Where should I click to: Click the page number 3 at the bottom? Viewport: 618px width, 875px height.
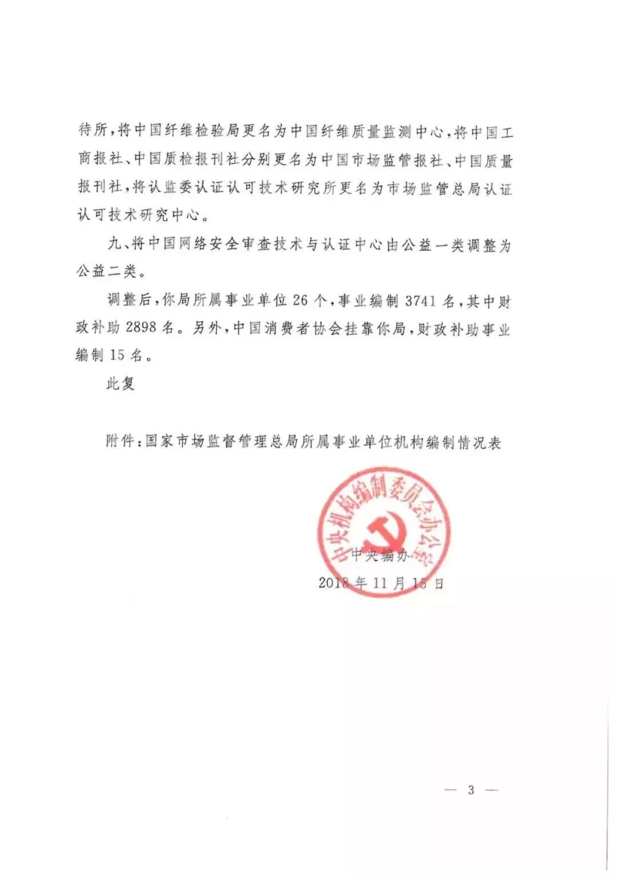click(x=471, y=790)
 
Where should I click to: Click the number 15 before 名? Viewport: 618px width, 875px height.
click(x=117, y=355)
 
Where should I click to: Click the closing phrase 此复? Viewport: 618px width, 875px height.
click(x=120, y=383)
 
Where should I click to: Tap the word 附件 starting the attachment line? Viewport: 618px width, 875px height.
click(x=120, y=442)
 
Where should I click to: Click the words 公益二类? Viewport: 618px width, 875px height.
click(x=106, y=272)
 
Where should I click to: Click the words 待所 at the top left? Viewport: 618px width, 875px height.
click(x=93, y=132)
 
